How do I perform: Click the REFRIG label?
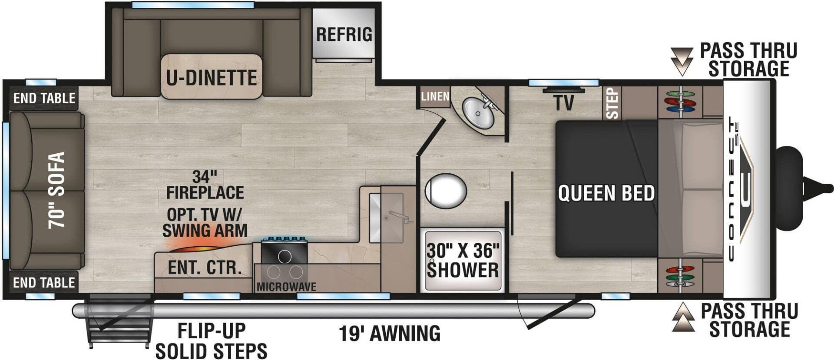coord(344,34)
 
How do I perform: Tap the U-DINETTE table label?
coord(212,78)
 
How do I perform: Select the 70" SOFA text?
coord(56,190)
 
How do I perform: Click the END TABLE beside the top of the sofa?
coord(44,98)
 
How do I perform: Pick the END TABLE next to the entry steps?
coord(44,283)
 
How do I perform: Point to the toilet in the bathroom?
coord(446,190)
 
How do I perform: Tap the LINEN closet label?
coord(435,96)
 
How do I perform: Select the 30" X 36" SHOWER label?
coord(463,261)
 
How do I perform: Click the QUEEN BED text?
coord(606,193)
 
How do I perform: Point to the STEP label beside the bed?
coord(612,103)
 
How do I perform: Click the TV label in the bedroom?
coord(564,103)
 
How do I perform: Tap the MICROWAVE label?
coord(286,287)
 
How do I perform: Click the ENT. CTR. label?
coord(204,268)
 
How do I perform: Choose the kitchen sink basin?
coord(386,217)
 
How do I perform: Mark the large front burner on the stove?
coord(285,257)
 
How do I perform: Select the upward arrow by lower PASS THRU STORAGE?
coord(682,317)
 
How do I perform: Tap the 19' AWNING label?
coord(390,334)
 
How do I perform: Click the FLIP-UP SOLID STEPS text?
coord(212,341)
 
